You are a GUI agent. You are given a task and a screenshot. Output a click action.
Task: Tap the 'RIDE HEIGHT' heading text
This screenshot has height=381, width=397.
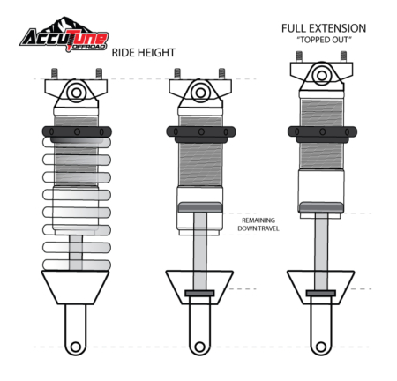pos(143,53)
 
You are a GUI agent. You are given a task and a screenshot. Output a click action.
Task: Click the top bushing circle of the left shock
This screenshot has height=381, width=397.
pos(76,93)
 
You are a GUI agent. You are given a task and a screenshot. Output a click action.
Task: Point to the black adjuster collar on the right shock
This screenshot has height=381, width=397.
pos(321,132)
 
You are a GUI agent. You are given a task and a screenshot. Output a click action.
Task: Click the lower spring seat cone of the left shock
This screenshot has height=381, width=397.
pos(76,287)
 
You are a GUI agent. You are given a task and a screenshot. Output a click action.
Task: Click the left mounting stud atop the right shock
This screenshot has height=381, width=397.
pos(299,56)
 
